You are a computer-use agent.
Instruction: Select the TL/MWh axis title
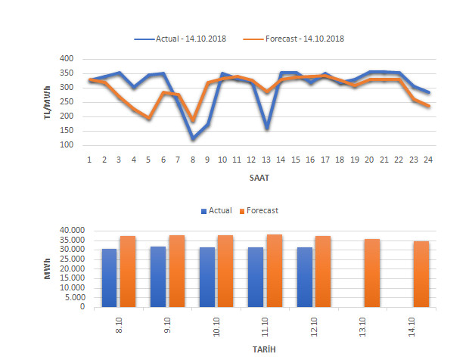click(x=47, y=102)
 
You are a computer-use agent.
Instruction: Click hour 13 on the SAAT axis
click(x=266, y=160)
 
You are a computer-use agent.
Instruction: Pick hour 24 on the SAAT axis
click(x=428, y=160)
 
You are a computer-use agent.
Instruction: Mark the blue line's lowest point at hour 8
click(x=193, y=138)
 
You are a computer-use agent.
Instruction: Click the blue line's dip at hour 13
click(x=266, y=128)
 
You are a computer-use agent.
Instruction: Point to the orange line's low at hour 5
click(x=149, y=119)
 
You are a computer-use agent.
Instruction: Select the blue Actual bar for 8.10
click(x=110, y=278)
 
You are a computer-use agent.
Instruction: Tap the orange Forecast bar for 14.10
click(x=421, y=274)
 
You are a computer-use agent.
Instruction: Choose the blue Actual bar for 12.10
click(x=305, y=277)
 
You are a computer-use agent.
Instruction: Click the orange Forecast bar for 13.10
click(x=372, y=273)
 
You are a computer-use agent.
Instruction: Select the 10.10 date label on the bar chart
click(x=216, y=327)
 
